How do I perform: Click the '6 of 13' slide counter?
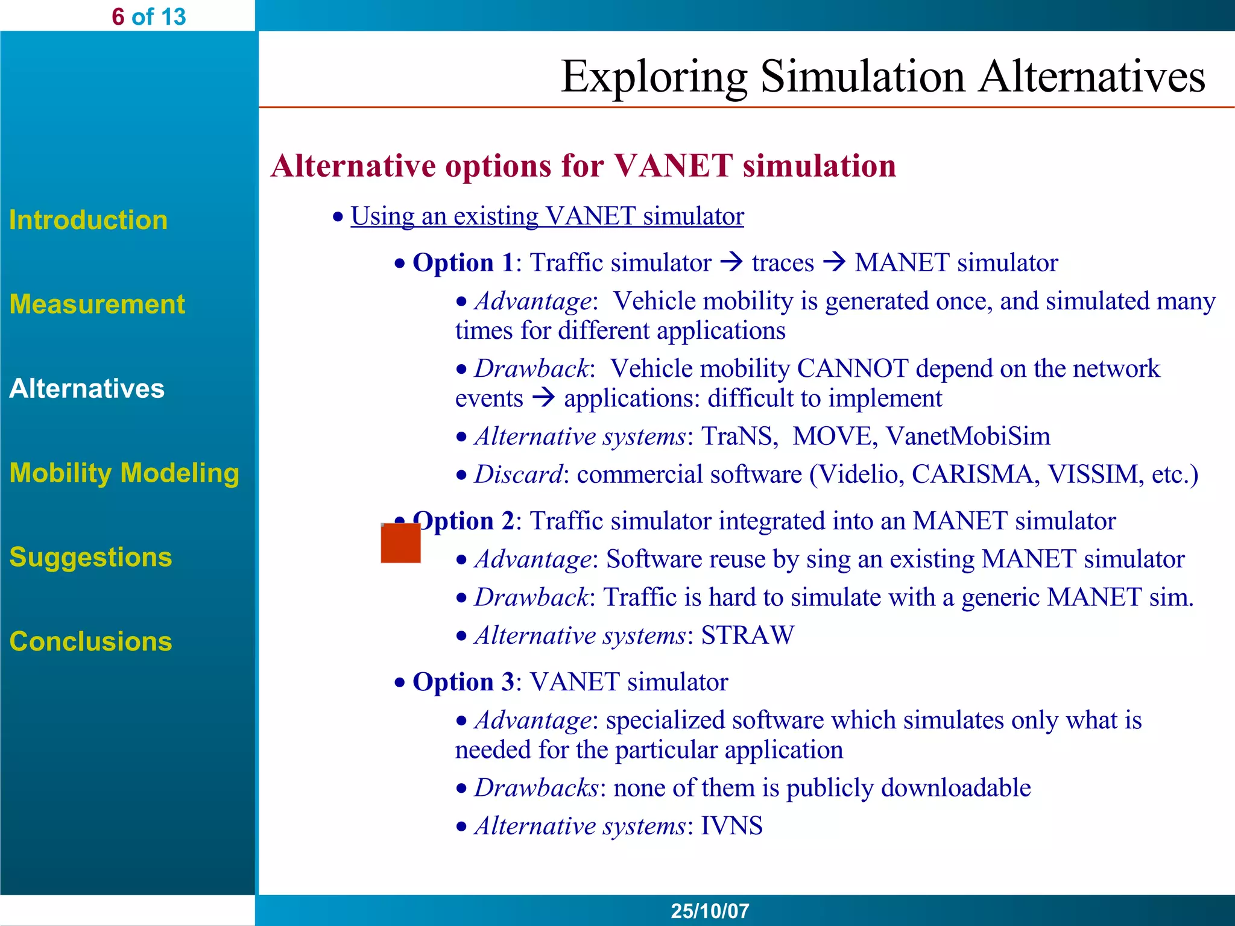[x=148, y=17]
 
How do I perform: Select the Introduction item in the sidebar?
[x=88, y=220]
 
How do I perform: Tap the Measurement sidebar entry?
[x=97, y=304]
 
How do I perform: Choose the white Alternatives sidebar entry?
[x=87, y=388]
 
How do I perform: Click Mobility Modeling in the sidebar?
[x=124, y=473]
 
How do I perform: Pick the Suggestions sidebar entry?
[x=90, y=557]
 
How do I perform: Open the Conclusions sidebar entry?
[x=90, y=641]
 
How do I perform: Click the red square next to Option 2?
[x=400, y=543]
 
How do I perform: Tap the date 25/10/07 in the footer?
[x=710, y=910]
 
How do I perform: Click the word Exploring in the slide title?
[x=654, y=77]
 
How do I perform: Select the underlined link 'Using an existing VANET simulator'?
[x=547, y=216]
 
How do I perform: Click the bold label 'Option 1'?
[x=463, y=263]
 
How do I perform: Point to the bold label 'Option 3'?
[x=463, y=682]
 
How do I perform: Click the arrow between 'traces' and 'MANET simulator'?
[x=835, y=263]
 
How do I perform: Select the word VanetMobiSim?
[x=968, y=436]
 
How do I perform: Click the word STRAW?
[x=747, y=635]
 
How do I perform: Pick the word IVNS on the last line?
[x=731, y=826]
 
